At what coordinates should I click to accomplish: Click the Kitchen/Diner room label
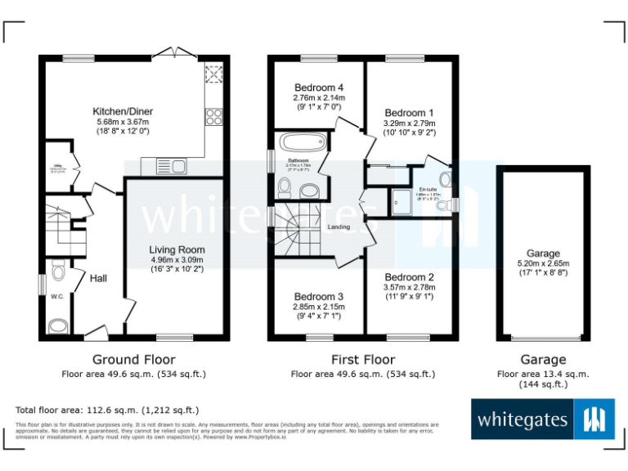(123, 111)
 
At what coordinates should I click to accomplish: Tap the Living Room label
(177, 250)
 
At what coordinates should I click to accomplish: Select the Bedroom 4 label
(318, 87)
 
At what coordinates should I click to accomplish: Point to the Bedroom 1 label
(410, 113)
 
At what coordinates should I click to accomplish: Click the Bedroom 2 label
(409, 277)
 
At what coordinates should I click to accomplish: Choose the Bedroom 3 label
(318, 296)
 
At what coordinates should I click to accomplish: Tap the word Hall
(98, 279)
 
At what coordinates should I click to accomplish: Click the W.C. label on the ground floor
(57, 297)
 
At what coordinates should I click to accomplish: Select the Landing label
(339, 227)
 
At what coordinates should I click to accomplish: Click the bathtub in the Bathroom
(304, 141)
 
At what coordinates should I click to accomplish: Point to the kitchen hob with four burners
(215, 116)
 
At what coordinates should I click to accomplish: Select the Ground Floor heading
(133, 360)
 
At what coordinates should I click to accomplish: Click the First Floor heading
(363, 360)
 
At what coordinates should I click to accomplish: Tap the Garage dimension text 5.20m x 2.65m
(543, 263)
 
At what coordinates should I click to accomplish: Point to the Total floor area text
(107, 410)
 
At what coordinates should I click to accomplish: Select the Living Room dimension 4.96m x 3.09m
(177, 260)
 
